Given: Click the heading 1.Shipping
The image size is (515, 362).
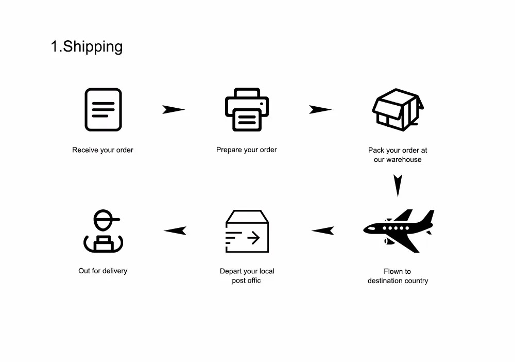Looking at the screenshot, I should coord(87,46).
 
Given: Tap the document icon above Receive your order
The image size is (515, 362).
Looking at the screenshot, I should coord(103,109).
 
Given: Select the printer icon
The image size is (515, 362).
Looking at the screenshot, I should coord(247,109).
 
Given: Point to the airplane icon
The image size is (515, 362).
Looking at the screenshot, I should coord(398,230).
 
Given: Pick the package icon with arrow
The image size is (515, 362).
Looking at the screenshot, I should coord(247,231).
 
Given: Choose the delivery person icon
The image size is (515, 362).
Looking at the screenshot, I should coord(104,232).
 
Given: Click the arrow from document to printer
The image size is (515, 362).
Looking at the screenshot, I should coord(174,109).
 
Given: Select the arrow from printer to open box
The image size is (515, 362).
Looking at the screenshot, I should coord(320,109).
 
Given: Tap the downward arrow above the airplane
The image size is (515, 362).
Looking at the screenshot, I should coord(397,185).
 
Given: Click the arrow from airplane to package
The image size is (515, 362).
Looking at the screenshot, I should coord(323,231).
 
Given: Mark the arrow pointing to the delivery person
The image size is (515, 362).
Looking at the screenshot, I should coord(175,231).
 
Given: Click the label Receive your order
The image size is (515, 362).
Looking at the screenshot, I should coord(102,150).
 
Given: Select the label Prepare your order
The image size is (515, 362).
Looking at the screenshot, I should coord(247,150).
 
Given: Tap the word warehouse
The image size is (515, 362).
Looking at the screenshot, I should coord(404,159).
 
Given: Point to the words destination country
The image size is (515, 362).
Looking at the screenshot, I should coord(398,281).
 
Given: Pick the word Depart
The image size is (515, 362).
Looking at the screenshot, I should coord(231,271).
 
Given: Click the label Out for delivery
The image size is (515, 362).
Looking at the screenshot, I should coord(102,271).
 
